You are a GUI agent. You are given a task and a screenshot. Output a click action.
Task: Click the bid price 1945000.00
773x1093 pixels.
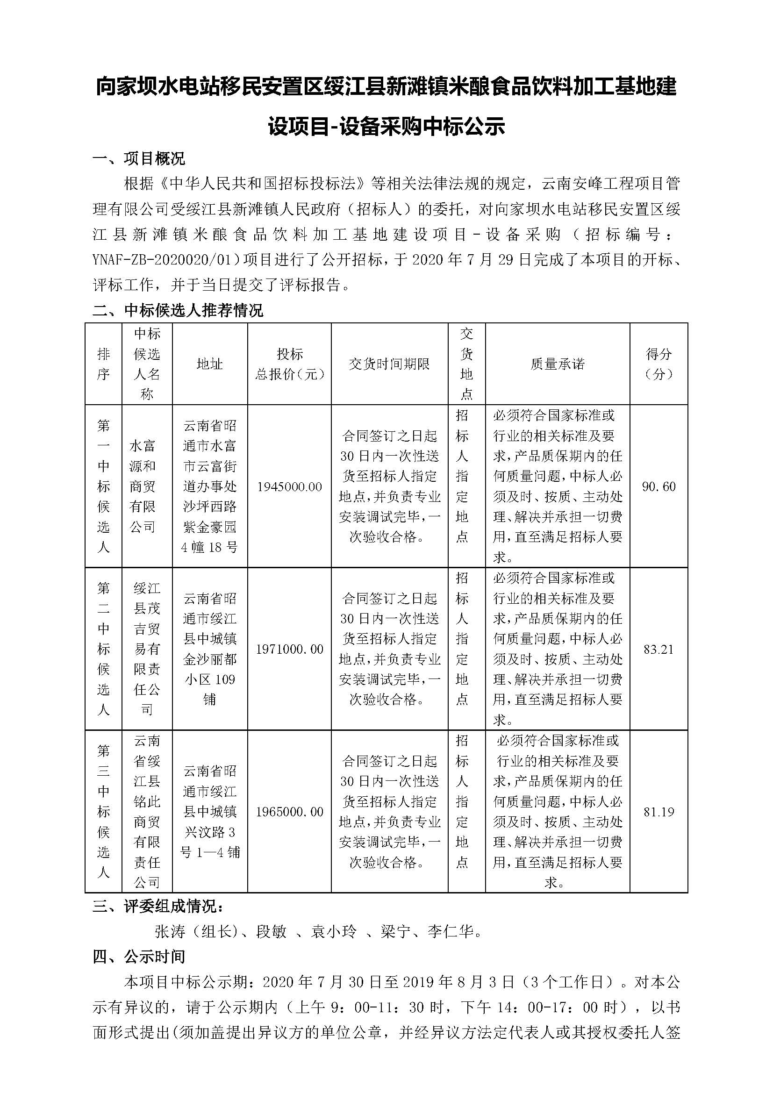click(x=289, y=486)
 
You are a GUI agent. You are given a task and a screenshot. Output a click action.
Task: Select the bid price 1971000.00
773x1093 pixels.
click(x=289, y=650)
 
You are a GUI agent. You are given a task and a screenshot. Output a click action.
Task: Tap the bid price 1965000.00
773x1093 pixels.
click(x=289, y=812)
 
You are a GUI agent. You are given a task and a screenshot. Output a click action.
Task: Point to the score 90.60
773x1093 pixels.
click(x=659, y=486)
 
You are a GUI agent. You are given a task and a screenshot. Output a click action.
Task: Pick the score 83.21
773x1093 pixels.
click(x=659, y=650)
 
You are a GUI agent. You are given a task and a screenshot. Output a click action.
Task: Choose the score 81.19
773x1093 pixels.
click(x=659, y=812)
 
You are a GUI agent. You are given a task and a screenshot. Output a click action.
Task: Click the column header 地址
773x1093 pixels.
click(x=209, y=364)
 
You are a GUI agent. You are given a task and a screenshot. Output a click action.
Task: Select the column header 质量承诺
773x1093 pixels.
click(x=558, y=364)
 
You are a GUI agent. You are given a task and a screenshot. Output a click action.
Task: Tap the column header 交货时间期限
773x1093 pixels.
click(x=389, y=364)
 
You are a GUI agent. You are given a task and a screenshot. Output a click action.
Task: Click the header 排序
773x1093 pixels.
click(x=103, y=364)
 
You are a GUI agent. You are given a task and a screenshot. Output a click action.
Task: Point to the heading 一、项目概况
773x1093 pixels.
click(x=139, y=158)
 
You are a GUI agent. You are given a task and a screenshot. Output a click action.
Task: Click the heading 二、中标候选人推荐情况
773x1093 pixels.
click(x=178, y=311)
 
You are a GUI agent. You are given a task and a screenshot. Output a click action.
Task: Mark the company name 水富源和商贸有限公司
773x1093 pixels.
click(x=143, y=486)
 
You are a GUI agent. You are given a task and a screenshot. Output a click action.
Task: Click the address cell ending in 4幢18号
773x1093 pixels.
click(x=209, y=486)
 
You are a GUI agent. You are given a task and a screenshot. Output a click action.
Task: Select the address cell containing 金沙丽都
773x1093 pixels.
click(x=209, y=650)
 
